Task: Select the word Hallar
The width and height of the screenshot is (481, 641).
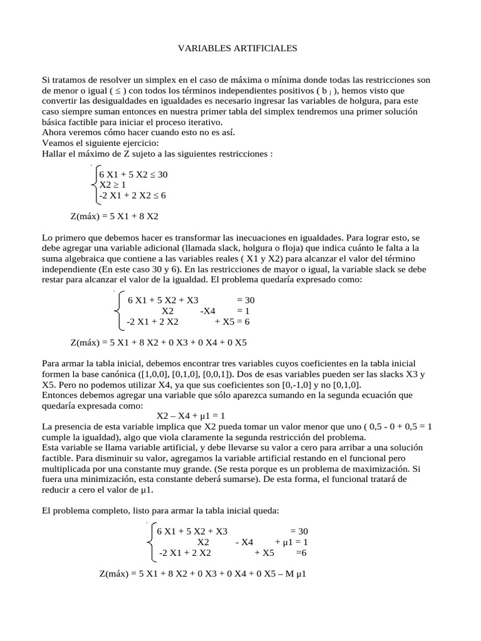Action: [55, 153]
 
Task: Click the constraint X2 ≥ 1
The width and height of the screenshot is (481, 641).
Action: [113, 185]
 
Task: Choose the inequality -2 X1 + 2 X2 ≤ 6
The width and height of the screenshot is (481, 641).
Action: [132, 195]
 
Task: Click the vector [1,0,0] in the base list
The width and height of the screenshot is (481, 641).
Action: [165, 374]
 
